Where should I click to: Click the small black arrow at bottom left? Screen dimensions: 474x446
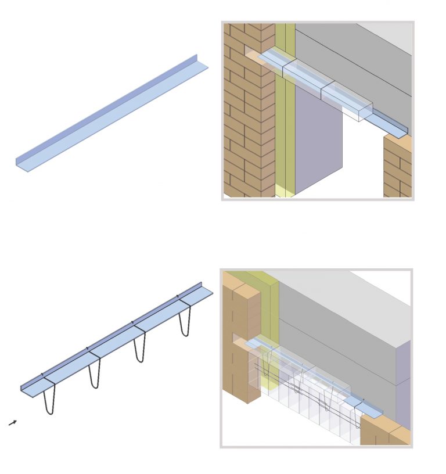pyautogui.click(x=13, y=423)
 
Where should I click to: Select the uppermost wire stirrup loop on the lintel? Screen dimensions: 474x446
pyautogui.click(x=184, y=321)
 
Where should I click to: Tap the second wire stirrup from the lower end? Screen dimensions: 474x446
pyautogui.click(x=95, y=374)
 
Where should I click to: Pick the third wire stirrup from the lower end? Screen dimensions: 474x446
pyautogui.click(x=139, y=347)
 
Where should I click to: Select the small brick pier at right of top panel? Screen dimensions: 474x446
pyautogui.click(x=397, y=168)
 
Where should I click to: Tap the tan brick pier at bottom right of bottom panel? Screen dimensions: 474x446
pyautogui.click(x=383, y=433)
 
